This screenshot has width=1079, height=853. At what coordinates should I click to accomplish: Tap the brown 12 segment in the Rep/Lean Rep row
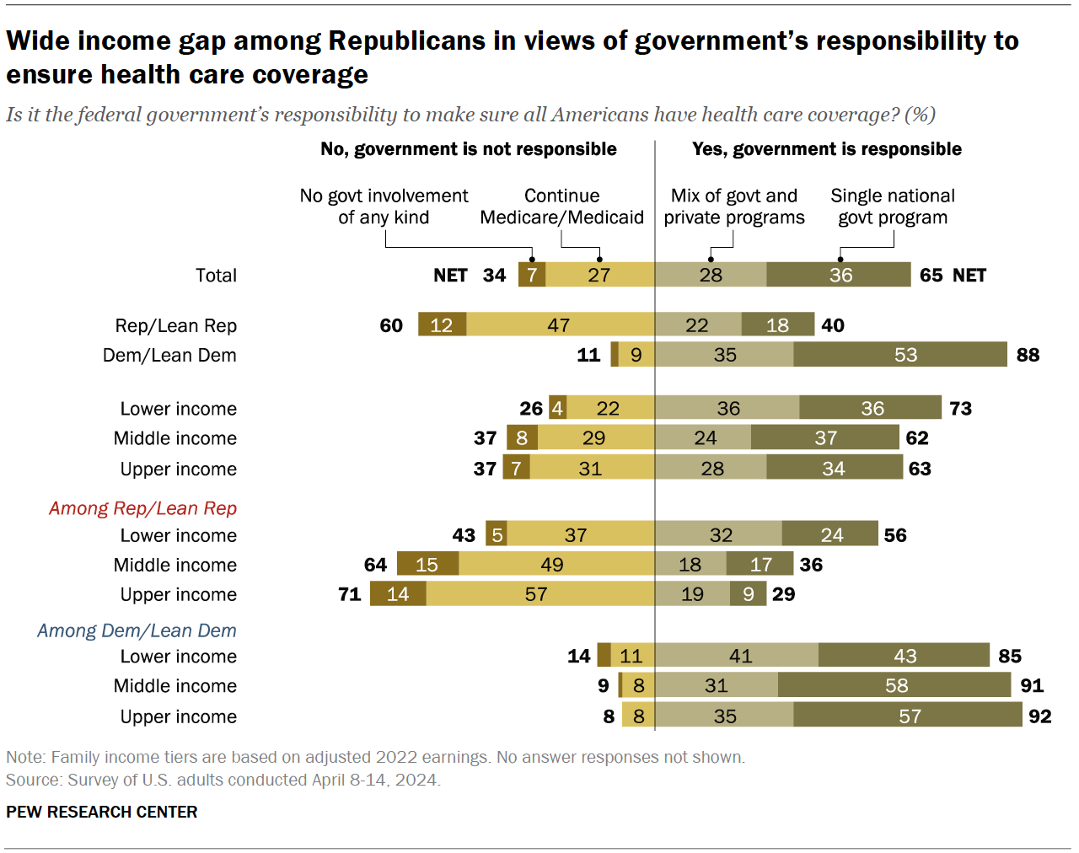click(x=442, y=325)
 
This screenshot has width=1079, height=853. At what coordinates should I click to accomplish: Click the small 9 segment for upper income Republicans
click(x=748, y=594)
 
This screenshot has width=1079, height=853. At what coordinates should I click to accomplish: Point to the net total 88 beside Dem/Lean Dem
click(x=1028, y=355)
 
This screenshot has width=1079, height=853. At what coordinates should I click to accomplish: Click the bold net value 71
click(x=350, y=594)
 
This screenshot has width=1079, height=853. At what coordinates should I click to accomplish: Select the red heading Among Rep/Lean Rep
click(x=142, y=508)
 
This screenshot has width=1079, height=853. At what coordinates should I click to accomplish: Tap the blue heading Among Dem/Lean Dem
click(x=137, y=630)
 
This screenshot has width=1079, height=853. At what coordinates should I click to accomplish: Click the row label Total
click(x=216, y=276)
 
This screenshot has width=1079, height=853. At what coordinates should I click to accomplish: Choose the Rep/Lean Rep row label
click(x=176, y=325)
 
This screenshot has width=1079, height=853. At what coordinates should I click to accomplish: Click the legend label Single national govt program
click(x=893, y=207)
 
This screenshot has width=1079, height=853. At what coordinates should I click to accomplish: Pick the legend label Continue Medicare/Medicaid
click(x=562, y=207)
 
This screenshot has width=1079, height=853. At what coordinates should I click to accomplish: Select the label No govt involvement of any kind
click(x=384, y=207)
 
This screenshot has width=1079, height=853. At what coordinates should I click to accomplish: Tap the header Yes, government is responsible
click(x=826, y=149)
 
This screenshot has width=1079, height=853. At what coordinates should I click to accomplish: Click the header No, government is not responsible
click(x=469, y=149)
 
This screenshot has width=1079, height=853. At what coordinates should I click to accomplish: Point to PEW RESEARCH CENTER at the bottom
click(x=102, y=812)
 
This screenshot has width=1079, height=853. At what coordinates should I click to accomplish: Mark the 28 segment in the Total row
click(x=711, y=275)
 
